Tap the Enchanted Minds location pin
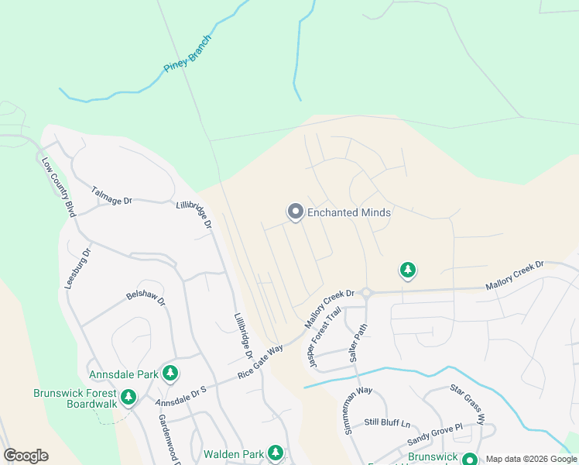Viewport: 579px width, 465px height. (295, 212)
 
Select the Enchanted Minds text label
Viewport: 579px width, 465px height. (349, 212)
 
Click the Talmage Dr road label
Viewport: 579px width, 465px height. (112, 195)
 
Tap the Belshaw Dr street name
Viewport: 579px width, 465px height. (146, 299)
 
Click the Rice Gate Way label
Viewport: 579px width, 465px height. (260, 361)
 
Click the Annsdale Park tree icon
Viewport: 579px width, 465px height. (170, 374)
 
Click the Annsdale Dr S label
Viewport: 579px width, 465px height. (183, 396)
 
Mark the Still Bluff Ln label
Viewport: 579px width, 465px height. (387, 422)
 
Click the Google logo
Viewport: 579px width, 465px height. (26, 456)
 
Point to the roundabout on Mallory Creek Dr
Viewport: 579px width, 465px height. (367, 293)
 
